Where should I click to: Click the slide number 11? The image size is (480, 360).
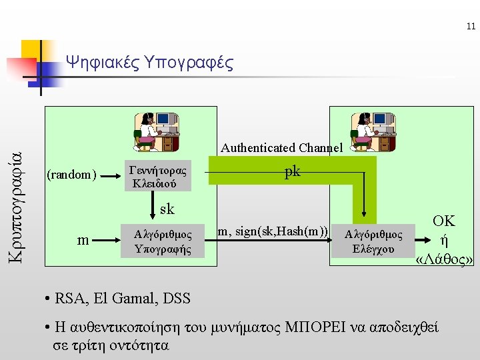pos(471,27)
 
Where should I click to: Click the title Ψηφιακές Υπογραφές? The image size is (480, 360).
pos(150,63)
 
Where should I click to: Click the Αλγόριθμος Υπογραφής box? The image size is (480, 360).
pos(163,242)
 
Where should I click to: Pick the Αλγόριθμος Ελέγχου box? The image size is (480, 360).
pos(373,242)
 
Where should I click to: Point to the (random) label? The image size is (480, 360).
pos(71,175)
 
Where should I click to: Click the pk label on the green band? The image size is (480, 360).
pos(292,172)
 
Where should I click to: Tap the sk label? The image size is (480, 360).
pos(167,209)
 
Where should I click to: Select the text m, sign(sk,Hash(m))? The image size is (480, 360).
pos(273,231)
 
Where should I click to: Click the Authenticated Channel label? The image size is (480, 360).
pos(281,147)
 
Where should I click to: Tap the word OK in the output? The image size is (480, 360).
pos(443,221)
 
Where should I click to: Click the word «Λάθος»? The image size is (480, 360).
pos(444,259)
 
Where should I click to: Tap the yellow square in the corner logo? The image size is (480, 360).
pos(33,51)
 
